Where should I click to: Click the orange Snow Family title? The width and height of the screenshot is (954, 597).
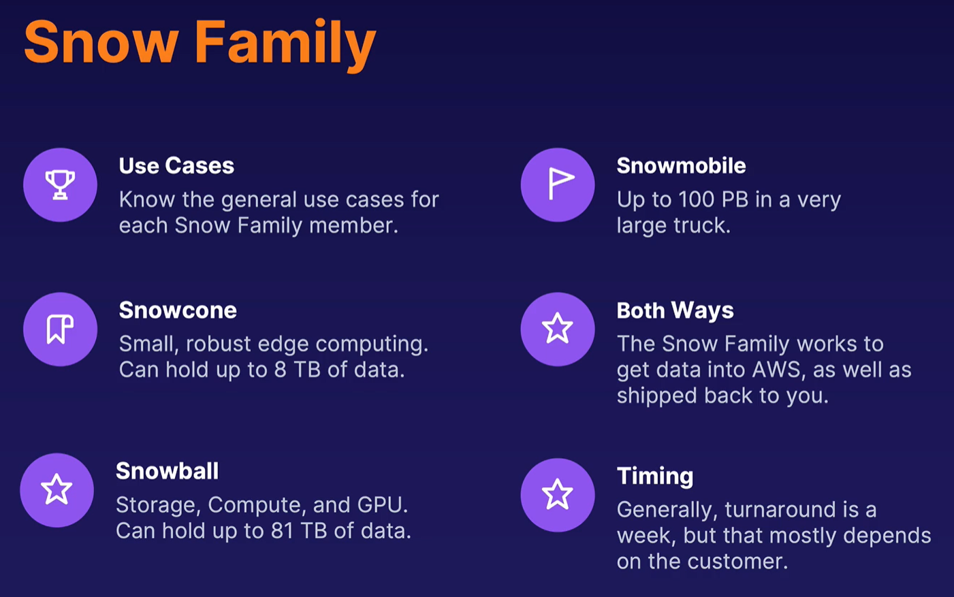[200, 44]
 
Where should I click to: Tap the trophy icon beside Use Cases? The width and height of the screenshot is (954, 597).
[60, 184]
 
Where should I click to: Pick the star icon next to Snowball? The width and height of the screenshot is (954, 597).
[57, 489]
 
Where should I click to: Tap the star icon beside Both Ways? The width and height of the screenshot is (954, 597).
[557, 328]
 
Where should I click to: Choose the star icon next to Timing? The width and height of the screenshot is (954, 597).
[557, 494]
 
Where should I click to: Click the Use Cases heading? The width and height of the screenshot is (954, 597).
[176, 165]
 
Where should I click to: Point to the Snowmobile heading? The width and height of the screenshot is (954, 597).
[681, 165]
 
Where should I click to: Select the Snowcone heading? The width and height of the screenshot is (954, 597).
[178, 310]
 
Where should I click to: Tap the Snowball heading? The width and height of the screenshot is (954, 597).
[167, 471]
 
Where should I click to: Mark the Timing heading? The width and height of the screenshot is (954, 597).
[655, 477]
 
